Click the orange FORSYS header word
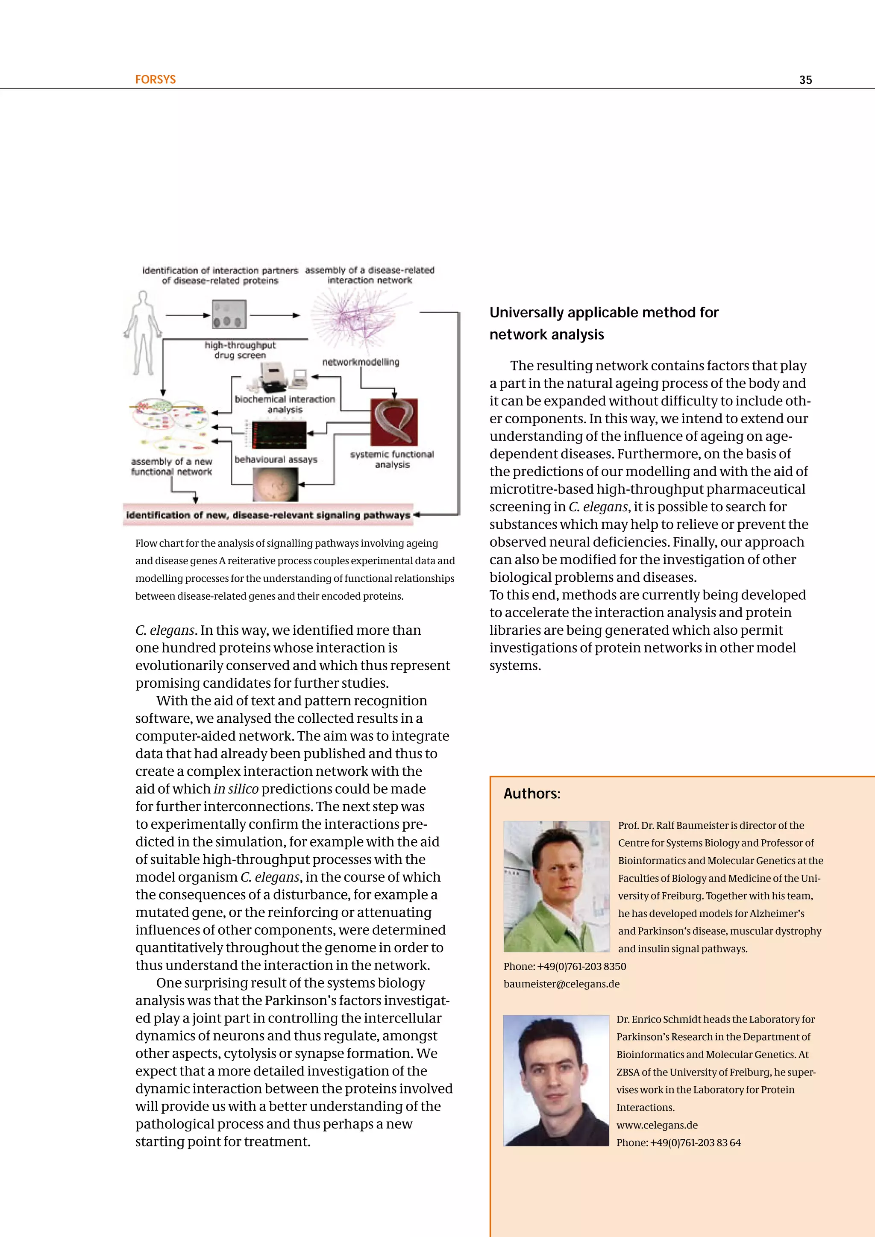tap(155, 79)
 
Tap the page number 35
tap(805, 80)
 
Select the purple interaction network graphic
tap(359, 319)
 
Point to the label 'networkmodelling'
tap(361, 362)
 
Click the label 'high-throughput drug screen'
tap(240, 350)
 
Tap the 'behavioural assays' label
tap(276, 460)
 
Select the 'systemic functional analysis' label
tap(392, 459)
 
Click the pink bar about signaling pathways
tap(268, 515)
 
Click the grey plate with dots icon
tap(229, 315)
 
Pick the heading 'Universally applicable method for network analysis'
tap(603, 323)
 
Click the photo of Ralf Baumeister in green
tap(556, 886)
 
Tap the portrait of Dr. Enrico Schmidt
tap(555, 1080)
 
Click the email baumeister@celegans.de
tap(561, 984)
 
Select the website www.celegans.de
tap(656, 1125)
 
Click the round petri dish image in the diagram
tap(275, 484)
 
